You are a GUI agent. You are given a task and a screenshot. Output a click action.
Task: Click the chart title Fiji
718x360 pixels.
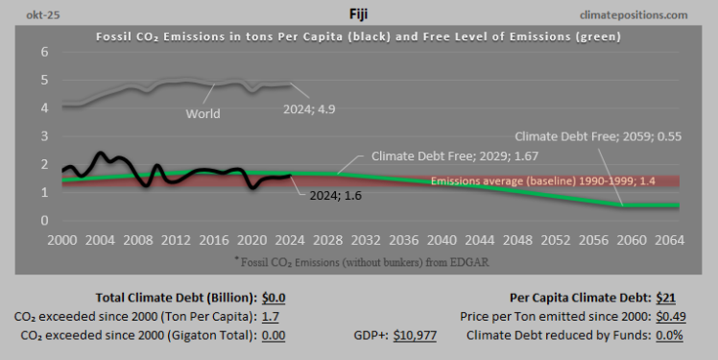pos(359,14)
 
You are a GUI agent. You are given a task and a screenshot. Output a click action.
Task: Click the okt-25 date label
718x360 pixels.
pos(29,14)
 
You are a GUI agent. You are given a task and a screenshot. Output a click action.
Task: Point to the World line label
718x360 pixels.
pos(203,113)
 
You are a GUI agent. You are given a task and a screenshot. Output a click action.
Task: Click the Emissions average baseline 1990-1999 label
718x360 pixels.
pos(561,180)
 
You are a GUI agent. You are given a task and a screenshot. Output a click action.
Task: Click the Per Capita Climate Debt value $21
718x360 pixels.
pos(668,298)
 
